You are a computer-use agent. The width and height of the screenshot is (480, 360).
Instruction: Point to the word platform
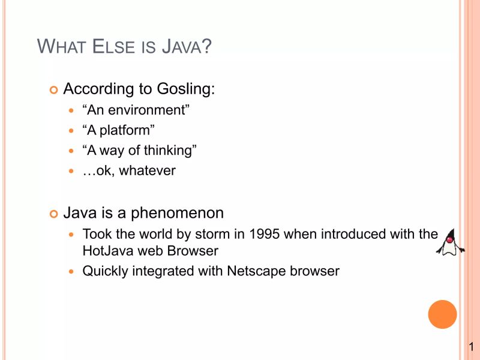(126, 130)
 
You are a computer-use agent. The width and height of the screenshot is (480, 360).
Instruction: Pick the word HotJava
(107, 251)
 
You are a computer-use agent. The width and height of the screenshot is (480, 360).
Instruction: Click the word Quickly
(106, 271)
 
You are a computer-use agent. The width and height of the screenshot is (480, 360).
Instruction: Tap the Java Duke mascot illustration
(450, 243)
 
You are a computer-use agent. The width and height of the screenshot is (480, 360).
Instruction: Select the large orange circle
(442, 314)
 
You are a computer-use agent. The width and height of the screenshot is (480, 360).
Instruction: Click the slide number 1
(472, 347)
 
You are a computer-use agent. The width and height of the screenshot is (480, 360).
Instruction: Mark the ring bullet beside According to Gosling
(53, 90)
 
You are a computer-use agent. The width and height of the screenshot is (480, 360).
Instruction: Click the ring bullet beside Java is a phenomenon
(53, 214)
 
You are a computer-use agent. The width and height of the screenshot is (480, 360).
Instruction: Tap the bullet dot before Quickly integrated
(72, 272)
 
